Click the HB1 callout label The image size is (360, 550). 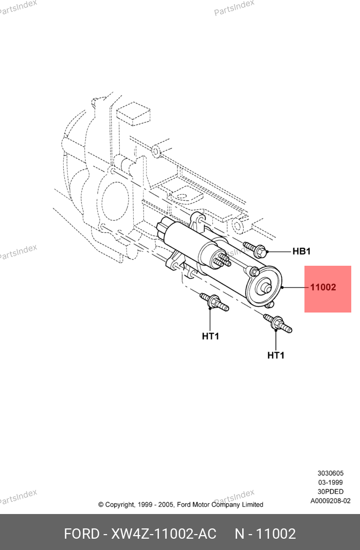coord(301,251)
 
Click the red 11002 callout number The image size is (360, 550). coord(323,287)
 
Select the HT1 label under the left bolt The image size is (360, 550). coord(210,336)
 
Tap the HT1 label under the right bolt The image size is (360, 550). coord(276,355)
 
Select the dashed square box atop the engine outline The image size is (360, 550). coord(133,113)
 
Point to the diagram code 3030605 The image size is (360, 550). coord(330,473)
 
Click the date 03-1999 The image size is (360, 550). coord(330,482)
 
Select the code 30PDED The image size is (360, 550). coord(330,491)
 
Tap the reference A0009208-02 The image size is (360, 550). coord(330,501)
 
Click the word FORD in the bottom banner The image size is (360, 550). coord(81,534)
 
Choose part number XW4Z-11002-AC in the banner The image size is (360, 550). coord(164,534)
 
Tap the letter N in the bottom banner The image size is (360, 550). coord(240,534)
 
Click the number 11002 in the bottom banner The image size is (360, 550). coord(276,534)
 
